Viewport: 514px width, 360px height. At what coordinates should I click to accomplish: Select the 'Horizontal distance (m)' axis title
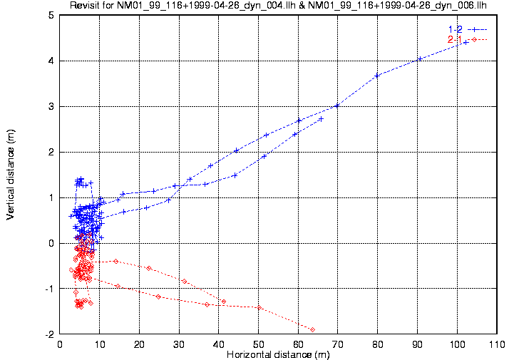[277, 354]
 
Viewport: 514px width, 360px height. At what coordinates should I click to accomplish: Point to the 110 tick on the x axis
[496, 344]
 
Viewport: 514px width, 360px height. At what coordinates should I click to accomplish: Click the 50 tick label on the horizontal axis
[258, 344]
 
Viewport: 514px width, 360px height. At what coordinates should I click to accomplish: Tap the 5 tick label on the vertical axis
[51, 15]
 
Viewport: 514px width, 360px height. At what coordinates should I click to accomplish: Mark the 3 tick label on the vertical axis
[51, 106]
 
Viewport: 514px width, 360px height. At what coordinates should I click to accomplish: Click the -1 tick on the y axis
[49, 289]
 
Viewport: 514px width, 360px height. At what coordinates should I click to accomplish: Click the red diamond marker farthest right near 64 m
[312, 329]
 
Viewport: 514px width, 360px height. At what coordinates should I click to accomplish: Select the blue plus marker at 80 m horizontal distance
[377, 75]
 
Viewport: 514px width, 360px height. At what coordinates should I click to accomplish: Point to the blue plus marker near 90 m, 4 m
[419, 59]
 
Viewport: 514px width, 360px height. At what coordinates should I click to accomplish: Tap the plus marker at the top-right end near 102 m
[466, 43]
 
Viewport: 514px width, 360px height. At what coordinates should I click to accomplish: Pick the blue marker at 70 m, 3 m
[336, 106]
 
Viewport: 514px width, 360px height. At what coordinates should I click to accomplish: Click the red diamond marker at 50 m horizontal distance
[259, 307]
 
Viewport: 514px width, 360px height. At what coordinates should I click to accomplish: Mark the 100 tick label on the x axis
[457, 344]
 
